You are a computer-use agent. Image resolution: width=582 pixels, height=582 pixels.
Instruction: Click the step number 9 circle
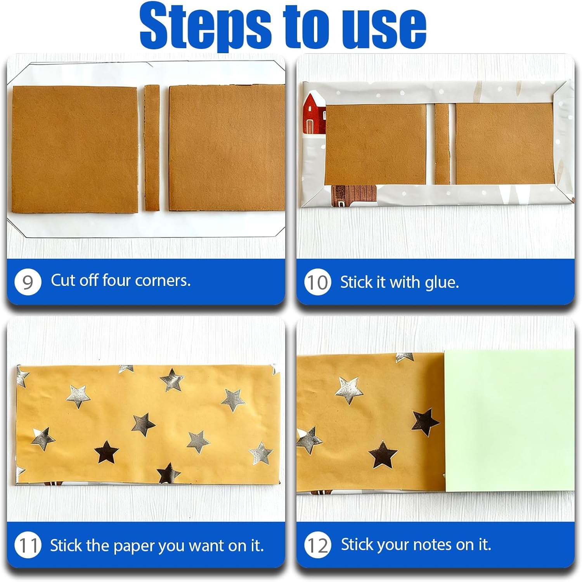(x=28, y=282)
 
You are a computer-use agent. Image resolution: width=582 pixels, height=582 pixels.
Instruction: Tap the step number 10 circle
(x=317, y=282)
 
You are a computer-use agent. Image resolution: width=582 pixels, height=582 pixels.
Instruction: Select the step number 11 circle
(x=28, y=545)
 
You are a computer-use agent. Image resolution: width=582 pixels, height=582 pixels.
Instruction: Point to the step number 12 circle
(x=317, y=545)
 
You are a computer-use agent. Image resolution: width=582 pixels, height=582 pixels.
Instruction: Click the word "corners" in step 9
(x=163, y=281)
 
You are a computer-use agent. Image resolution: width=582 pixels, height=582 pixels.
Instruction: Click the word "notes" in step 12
(x=432, y=545)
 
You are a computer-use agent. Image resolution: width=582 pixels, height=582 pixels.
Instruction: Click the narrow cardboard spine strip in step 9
(x=152, y=148)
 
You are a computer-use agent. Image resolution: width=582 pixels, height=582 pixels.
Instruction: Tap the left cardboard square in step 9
(x=75, y=149)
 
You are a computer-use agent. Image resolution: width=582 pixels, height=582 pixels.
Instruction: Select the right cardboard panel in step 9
(x=227, y=148)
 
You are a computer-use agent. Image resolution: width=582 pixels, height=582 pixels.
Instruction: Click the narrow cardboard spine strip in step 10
(x=442, y=144)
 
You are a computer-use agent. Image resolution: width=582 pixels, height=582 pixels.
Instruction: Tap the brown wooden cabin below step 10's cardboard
(x=354, y=195)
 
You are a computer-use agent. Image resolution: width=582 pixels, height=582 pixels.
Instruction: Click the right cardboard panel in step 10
(x=504, y=144)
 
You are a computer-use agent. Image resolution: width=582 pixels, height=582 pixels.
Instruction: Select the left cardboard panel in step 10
(x=376, y=144)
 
